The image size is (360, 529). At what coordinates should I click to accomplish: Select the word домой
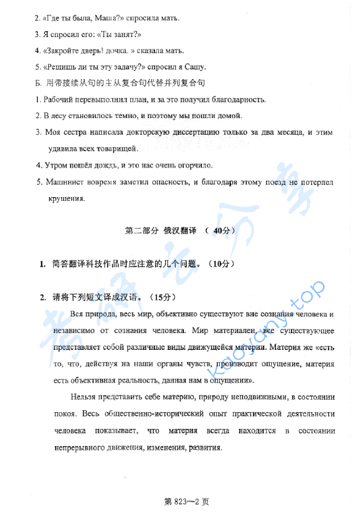(x=228, y=116)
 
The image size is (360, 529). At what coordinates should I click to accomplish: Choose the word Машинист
(x=66, y=182)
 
